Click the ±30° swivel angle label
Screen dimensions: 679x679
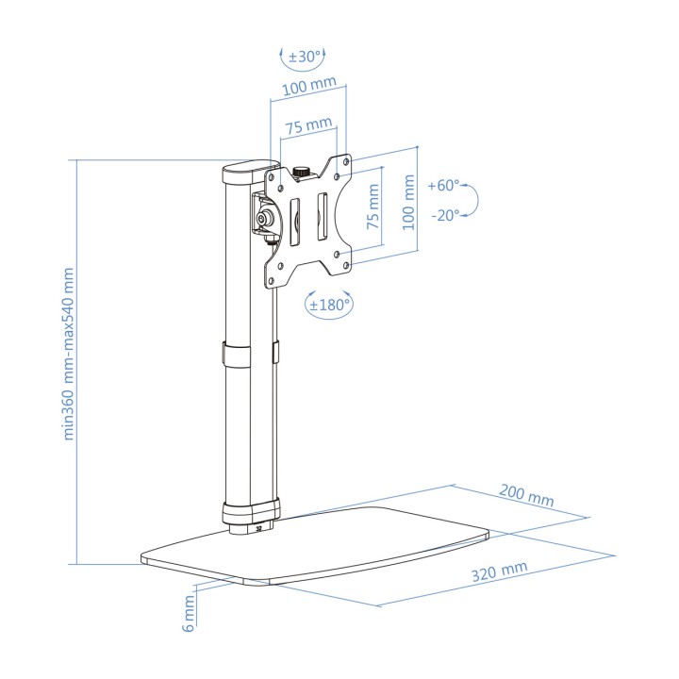coord(305,57)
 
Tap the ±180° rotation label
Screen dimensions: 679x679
coord(329,305)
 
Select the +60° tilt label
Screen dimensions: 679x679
coord(443,186)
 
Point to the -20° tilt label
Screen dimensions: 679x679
coord(445,215)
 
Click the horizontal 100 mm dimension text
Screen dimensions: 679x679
coord(309,86)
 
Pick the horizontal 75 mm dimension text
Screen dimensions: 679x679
coord(308,125)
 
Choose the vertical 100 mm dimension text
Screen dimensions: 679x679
coord(408,202)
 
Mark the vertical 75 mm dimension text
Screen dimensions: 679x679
coord(373,207)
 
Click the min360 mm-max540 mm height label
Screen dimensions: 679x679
coord(69,354)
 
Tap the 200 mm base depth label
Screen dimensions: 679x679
coord(526,495)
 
